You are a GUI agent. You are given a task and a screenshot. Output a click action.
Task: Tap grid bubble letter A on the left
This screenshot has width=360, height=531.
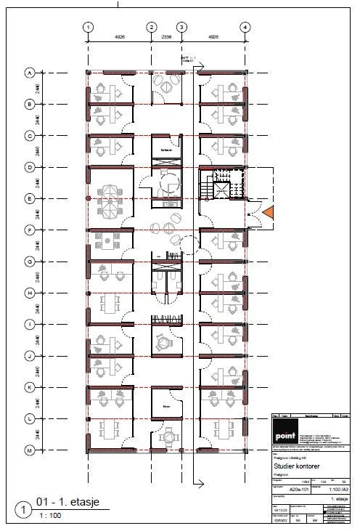click(30, 73)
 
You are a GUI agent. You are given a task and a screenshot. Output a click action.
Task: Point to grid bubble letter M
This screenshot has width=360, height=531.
click(30, 450)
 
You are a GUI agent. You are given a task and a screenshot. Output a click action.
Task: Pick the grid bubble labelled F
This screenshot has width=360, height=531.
click(30, 230)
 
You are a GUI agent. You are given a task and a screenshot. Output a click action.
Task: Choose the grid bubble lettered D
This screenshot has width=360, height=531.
click(30, 167)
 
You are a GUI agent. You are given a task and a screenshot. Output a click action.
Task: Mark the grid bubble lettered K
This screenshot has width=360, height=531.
click(30, 388)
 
